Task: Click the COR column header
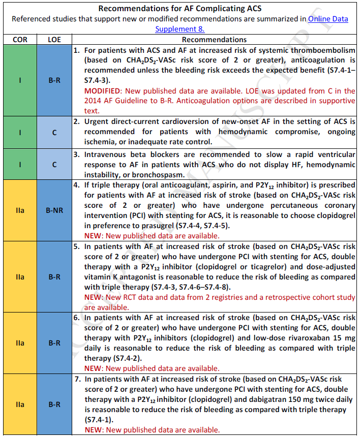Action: coord(20,39)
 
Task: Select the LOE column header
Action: coord(54,39)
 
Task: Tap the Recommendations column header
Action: coord(214,39)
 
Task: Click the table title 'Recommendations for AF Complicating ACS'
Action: coord(180,9)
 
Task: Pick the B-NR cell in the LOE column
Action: coord(54,210)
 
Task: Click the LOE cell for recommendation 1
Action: coord(54,80)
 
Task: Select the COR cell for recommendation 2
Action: coord(20,132)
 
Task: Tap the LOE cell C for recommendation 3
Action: coord(54,165)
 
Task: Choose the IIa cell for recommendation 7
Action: coord(20,404)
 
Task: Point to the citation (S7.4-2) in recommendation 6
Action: coord(123,358)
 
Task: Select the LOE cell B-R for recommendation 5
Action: coord(54,277)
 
